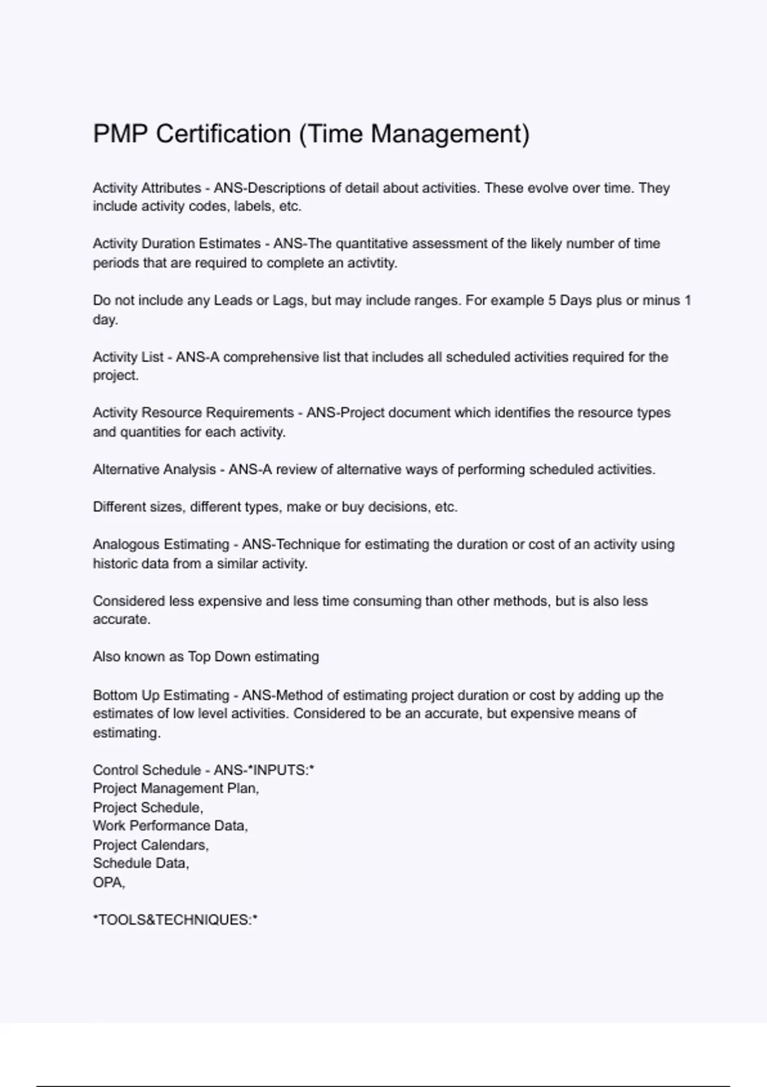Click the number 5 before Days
pyautogui.click(x=552, y=301)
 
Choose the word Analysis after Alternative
pyautogui.click(x=190, y=469)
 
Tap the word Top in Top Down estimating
pyautogui.click(x=199, y=657)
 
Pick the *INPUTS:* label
pyautogui.click(x=283, y=770)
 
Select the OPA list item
pyautogui.click(x=108, y=882)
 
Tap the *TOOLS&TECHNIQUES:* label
pyautogui.click(x=175, y=920)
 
